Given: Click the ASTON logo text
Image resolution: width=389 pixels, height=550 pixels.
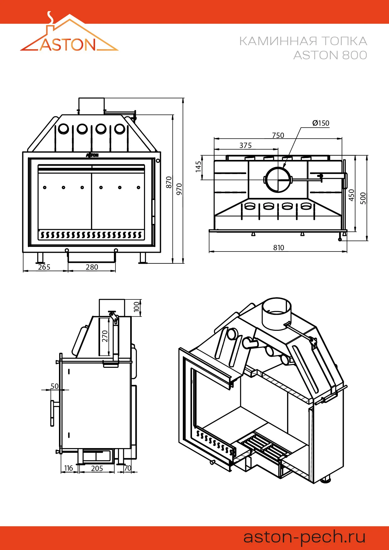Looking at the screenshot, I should tap(68, 45).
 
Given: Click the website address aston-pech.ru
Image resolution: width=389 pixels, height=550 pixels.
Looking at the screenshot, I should tap(304, 537).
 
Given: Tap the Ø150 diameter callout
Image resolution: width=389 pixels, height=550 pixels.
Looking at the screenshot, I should tap(321, 123).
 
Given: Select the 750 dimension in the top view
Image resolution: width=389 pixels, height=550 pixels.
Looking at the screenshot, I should tap(278, 135).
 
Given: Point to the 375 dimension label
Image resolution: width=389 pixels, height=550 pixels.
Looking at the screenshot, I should tap(245, 145).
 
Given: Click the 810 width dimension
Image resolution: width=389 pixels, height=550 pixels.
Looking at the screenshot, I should tap(279, 248).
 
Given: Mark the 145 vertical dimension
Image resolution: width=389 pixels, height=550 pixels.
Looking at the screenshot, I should tap(198, 167).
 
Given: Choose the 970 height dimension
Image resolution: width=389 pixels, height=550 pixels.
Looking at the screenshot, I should tap(179, 189).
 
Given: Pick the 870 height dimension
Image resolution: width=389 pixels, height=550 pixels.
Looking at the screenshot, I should tap(169, 182).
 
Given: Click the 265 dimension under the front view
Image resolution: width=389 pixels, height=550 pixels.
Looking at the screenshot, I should tap(44, 267).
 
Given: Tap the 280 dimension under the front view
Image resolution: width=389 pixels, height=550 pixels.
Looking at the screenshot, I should tap(92, 267).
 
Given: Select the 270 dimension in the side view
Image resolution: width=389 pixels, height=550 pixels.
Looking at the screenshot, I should tap(105, 336).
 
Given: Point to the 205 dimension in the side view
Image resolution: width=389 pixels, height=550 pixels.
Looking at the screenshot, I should tap(97, 468).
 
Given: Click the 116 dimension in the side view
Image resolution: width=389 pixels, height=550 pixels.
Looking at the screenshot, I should tap(68, 468).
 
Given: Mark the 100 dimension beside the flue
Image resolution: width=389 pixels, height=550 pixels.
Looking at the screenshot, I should tap(136, 306).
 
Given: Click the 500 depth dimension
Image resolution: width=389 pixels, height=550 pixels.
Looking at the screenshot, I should tap(363, 198).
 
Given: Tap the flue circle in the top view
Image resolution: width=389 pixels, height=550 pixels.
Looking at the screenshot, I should tap(278, 179).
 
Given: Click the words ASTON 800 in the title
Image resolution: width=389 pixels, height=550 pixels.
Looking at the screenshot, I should tap(330, 55).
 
